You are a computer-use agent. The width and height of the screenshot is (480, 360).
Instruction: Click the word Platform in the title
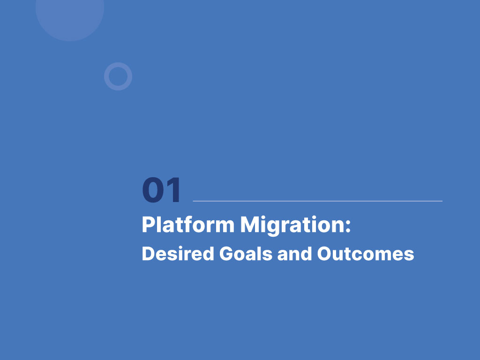(188, 225)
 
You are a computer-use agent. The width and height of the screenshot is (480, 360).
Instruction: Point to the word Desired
(178, 254)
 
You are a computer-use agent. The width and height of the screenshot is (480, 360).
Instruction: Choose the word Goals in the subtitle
(246, 254)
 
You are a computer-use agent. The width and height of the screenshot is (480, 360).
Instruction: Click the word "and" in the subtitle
(294, 254)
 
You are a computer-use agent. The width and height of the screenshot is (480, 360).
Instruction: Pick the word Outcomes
(366, 254)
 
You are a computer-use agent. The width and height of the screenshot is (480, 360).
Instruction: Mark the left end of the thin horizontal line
(193, 201)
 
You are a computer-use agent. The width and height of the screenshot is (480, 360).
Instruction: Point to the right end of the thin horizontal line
(442, 201)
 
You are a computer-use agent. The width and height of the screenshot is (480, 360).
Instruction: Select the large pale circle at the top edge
(70, 15)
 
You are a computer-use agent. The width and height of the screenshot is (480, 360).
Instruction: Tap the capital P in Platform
(149, 225)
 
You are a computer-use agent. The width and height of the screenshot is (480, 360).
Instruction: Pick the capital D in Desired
(149, 254)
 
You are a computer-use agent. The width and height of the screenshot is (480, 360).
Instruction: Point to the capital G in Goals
(227, 254)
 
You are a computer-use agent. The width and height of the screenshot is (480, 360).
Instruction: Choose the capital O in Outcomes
(325, 254)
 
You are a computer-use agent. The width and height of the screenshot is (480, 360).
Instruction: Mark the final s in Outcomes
(409, 255)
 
